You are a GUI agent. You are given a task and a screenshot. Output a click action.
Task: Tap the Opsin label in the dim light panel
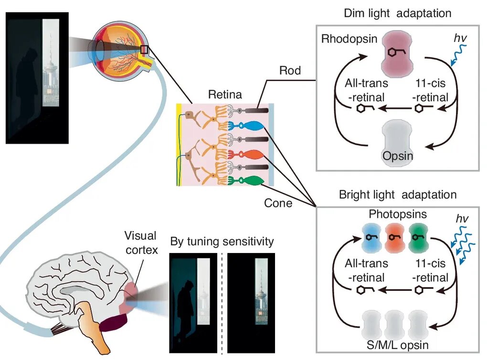(398, 156)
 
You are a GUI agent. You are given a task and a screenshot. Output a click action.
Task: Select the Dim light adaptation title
(397, 13)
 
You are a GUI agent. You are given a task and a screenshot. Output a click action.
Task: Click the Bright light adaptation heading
(397, 195)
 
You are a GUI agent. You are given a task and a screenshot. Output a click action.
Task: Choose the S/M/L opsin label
(398, 345)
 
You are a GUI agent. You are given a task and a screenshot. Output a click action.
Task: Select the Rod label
(290, 71)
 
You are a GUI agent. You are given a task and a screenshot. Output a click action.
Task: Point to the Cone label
(278, 203)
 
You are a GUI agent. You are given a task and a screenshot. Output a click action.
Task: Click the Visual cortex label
(141, 243)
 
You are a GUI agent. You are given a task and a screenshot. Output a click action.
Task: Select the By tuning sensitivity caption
(222, 241)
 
